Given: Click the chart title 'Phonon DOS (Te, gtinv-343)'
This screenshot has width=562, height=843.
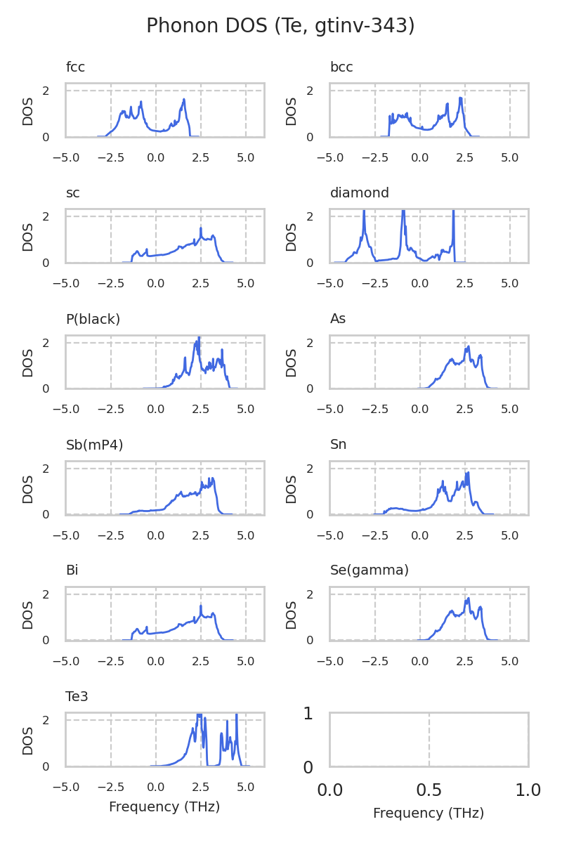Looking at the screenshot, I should pyautogui.click(x=280, y=26).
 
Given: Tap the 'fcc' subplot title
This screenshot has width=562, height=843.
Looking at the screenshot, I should pyautogui.click(x=75, y=67).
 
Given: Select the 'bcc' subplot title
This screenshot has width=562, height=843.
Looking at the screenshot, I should pyautogui.click(x=341, y=67).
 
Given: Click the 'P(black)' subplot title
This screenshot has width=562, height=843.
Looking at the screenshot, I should pyautogui.click(x=93, y=319).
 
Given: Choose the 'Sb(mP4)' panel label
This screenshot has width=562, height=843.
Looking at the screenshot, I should pyautogui.click(x=94, y=445).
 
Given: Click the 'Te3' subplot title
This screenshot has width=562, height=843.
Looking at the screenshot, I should pyautogui.click(x=77, y=696).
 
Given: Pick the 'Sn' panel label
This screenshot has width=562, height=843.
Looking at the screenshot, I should pyautogui.click(x=339, y=445).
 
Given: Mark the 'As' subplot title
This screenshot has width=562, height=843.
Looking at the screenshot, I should pyautogui.click(x=338, y=319).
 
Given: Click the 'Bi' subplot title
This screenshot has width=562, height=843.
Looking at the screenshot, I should pyautogui.click(x=72, y=570).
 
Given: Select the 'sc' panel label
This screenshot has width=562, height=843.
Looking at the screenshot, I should pyautogui.click(x=73, y=193).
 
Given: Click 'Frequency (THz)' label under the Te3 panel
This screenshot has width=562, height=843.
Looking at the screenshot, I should pyautogui.click(x=164, y=807).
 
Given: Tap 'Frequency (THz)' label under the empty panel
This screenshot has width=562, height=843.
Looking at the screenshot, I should pyautogui.click(x=429, y=813).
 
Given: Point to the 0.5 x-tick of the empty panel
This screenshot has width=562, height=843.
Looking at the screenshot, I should pyautogui.click(x=429, y=790).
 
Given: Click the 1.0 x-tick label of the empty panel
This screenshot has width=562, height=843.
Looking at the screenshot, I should pyautogui.click(x=528, y=790).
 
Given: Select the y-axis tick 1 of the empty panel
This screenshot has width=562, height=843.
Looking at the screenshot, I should pyautogui.click(x=308, y=714).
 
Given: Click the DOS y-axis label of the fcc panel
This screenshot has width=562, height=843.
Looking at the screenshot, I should pyautogui.click(x=28, y=110).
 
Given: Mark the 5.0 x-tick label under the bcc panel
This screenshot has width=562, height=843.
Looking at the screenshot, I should pyautogui.click(x=510, y=151).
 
